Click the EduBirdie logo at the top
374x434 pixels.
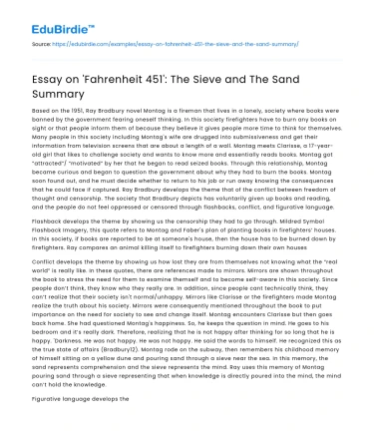pos(44,16)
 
